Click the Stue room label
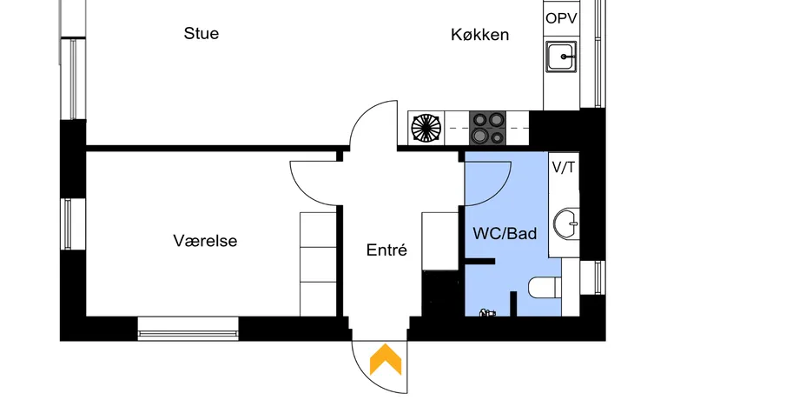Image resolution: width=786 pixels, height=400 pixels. pyautogui.click(x=201, y=34)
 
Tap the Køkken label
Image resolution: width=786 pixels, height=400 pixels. pyautogui.click(x=479, y=35)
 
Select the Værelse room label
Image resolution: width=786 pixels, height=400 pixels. pyautogui.click(x=205, y=241)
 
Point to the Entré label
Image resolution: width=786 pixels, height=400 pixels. pyautogui.click(x=387, y=250)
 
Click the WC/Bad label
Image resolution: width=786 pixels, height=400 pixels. pyautogui.click(x=505, y=233)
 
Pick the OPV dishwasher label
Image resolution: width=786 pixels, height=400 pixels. pyautogui.click(x=561, y=18)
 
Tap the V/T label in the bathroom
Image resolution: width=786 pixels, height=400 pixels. pyautogui.click(x=564, y=167)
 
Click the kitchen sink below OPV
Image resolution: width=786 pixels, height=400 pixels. pyautogui.click(x=562, y=57)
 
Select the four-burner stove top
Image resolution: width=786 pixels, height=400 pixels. pyautogui.click(x=488, y=129)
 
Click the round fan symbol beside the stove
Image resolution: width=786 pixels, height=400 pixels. pyautogui.click(x=426, y=129)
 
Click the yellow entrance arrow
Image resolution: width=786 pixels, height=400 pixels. pyautogui.click(x=386, y=359)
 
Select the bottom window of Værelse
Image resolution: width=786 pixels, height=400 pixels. pyautogui.click(x=188, y=328)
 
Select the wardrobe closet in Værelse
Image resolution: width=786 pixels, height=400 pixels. pyautogui.click(x=318, y=263)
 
